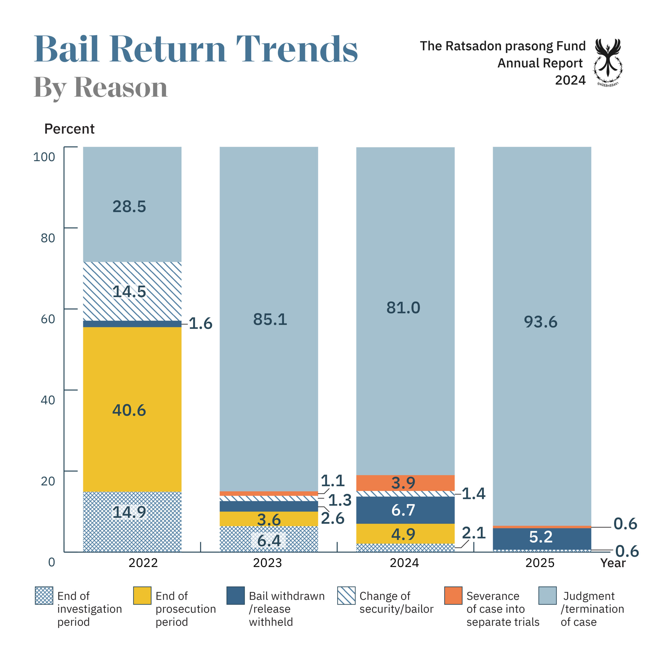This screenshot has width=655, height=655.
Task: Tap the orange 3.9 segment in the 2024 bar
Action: coord(405,483)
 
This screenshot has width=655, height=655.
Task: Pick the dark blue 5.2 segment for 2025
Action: coord(541,537)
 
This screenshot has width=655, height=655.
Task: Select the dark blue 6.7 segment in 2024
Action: coord(405,510)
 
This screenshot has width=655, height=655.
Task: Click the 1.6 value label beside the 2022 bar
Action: coord(200,323)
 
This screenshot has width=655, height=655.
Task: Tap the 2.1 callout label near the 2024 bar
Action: coord(474,533)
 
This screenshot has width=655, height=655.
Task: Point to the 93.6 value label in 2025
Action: coord(540,321)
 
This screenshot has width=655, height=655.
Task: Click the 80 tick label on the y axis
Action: coord(48,238)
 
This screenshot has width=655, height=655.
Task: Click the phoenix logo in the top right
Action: coord(608,61)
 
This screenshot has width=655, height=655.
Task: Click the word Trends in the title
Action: coord(297,49)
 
